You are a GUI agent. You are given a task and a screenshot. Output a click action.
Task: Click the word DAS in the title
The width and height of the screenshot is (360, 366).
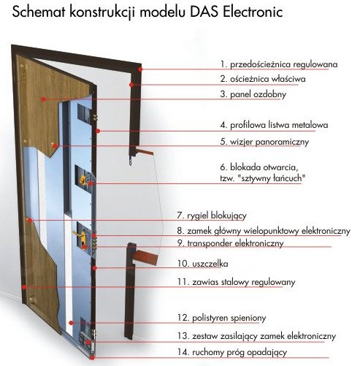tap(204, 12)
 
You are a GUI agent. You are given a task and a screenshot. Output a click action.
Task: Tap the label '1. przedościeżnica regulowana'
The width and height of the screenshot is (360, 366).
tap(279, 64)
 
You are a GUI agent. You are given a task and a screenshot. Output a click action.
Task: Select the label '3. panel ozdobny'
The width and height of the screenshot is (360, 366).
tap(253, 94)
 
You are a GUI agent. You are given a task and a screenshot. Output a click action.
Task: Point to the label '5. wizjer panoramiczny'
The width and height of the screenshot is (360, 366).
tap(264, 142)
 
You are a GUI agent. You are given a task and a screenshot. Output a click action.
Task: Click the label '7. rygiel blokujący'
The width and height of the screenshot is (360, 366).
tap(212, 216)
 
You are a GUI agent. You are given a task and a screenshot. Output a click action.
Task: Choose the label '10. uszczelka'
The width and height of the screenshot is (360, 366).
tap(203, 264)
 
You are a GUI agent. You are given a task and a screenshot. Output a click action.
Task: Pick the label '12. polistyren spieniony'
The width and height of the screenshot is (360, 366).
tap(221, 318)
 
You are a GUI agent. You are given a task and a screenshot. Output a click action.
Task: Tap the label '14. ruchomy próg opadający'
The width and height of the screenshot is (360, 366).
tap(232, 352)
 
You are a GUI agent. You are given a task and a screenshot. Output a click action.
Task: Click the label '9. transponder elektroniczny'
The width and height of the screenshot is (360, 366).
tap(230, 243)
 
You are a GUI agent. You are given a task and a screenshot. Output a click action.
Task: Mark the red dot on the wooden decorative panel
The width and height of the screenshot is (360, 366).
tap(43, 99)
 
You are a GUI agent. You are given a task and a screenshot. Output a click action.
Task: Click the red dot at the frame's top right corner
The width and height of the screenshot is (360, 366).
tap(140, 69)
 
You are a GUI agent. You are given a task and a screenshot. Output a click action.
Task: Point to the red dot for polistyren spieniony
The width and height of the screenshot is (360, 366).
tap(71, 323)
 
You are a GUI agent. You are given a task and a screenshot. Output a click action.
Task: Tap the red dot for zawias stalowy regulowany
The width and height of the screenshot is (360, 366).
tap(24, 287)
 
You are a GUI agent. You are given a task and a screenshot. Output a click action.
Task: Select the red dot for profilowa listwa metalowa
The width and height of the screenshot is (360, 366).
tap(98, 131)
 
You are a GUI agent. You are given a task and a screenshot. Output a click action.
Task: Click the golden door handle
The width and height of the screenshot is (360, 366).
tap(80, 235)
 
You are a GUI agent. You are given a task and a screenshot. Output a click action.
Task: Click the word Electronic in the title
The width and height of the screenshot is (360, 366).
tap(253, 12)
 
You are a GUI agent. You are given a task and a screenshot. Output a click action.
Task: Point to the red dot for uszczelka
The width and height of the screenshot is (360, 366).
tap(95, 268)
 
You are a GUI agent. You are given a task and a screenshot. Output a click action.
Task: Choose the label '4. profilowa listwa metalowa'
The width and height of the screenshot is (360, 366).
tap(274, 125)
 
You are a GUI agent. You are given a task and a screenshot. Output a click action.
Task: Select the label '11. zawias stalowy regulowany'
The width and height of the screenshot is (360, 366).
tap(236, 282)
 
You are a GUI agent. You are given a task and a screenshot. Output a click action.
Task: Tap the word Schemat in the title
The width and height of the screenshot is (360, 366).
tap(39, 12)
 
